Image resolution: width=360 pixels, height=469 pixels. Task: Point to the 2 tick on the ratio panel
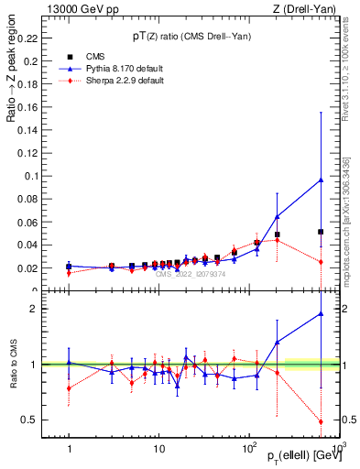click(34, 309)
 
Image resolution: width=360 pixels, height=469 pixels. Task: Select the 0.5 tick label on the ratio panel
click(30, 420)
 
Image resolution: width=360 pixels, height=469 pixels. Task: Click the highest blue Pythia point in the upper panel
click(321, 180)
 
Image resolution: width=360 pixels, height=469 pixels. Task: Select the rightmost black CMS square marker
click(321, 232)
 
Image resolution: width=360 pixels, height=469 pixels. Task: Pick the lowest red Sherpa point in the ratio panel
click(321, 421)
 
